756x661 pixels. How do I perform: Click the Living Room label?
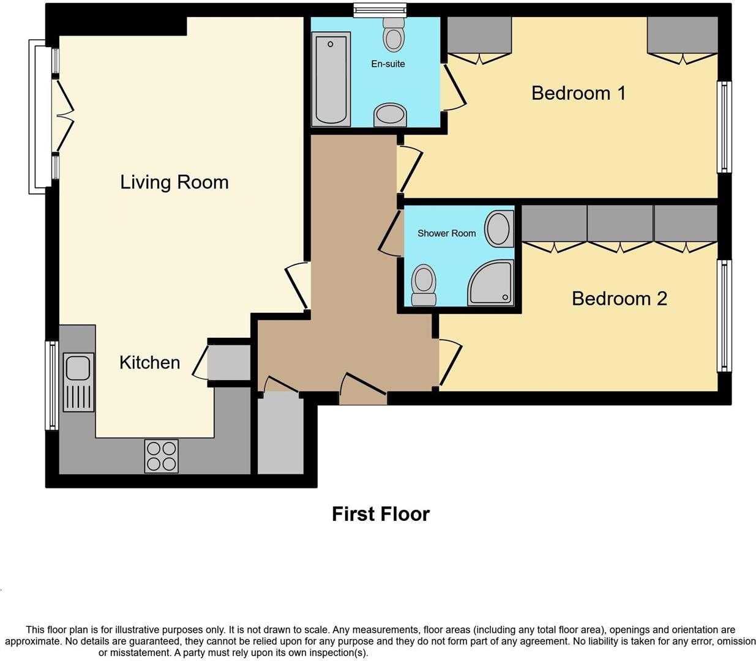[x=174, y=182]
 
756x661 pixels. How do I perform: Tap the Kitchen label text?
[x=149, y=362]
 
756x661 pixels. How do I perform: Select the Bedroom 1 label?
[x=578, y=93]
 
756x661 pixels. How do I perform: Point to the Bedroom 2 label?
[x=619, y=299]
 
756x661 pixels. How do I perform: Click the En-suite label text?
[x=387, y=64]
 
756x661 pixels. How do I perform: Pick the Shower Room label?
[x=446, y=233]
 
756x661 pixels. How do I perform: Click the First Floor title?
[x=380, y=514]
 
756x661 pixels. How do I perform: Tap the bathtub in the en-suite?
[x=331, y=80]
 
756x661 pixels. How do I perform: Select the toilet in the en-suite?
[x=394, y=35]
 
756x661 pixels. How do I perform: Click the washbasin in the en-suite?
[x=390, y=114]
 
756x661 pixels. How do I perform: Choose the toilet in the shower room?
[x=424, y=285]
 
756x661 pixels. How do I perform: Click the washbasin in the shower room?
[x=499, y=229]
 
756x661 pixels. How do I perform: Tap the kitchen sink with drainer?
[x=78, y=382]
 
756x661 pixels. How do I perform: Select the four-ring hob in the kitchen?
[x=162, y=456]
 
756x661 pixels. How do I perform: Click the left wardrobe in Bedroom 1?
[x=479, y=36]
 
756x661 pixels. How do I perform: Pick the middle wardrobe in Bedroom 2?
[x=619, y=224]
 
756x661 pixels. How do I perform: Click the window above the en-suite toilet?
[x=380, y=9]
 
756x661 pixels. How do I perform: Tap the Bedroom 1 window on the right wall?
[x=724, y=127]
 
